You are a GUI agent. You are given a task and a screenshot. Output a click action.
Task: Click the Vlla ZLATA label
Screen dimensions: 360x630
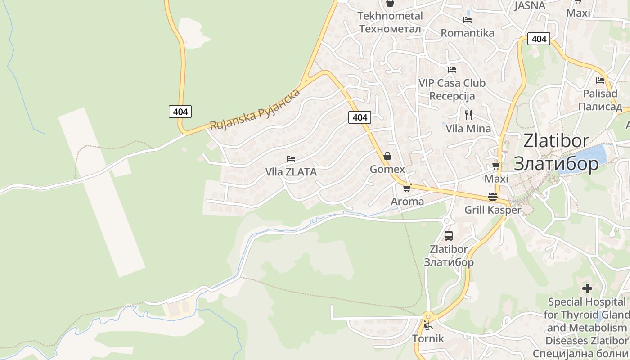(291, 172)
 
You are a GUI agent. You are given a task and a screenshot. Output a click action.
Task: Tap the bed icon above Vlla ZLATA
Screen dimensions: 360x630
(291, 159)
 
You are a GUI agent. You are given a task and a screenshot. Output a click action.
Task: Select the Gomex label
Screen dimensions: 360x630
(387, 169)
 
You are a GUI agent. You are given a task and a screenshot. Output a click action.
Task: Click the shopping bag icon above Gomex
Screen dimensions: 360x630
(387, 156)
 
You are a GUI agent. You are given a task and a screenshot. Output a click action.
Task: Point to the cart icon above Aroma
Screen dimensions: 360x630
(407, 188)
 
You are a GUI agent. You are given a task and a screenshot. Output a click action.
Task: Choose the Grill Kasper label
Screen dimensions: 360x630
(492, 210)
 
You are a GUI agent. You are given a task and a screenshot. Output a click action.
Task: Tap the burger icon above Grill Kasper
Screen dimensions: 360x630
(492, 197)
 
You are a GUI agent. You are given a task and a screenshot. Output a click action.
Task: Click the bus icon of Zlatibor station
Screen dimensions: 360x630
(448, 235)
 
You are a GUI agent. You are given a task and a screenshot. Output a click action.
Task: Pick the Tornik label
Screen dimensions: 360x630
(428, 338)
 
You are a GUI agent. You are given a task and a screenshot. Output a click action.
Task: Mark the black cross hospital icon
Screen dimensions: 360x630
(587, 288)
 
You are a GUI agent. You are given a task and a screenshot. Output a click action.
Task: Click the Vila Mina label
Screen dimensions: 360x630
(468, 129)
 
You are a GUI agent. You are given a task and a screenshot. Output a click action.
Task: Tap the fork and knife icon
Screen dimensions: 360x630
(468, 115)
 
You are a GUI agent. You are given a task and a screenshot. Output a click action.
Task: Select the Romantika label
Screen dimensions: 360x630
(467, 33)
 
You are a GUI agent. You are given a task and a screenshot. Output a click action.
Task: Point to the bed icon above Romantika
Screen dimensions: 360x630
(467, 20)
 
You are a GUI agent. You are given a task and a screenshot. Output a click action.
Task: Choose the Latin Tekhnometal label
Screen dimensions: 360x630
(390, 16)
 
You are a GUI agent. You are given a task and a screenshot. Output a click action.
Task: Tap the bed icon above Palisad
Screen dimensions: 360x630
(600, 81)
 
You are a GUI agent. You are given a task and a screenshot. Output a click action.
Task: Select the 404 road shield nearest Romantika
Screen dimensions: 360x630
(539, 39)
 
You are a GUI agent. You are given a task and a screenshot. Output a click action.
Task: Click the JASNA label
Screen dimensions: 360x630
(530, 5)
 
